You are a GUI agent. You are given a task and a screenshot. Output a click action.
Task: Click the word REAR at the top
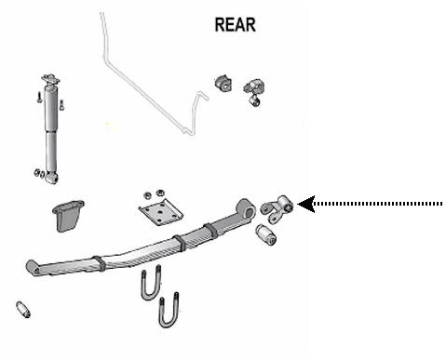[236, 25]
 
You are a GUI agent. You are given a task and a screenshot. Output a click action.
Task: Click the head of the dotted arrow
[306, 204]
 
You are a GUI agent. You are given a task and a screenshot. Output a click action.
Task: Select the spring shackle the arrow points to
[277, 208]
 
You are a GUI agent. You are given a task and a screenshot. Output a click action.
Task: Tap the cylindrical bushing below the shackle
[266, 234]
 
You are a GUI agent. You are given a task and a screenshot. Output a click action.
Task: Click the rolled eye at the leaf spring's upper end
[246, 208]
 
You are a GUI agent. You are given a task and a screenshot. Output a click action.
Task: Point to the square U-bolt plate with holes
[160, 212]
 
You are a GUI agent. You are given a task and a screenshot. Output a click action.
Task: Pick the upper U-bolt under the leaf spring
[151, 282]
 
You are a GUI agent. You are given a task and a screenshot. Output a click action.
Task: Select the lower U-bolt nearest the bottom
[169, 310]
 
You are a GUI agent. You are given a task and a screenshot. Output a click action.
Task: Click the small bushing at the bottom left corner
[23, 310]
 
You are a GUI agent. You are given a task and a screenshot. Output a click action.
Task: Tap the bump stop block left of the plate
[68, 216]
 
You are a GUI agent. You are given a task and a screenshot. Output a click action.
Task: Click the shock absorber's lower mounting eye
[51, 178]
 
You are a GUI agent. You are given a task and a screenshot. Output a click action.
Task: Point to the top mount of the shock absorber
[50, 79]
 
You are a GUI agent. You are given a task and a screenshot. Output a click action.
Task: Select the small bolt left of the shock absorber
[39, 97]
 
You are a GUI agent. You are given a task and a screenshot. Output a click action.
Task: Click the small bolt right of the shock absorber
[61, 104]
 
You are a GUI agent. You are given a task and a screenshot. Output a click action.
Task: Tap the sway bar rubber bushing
[223, 83]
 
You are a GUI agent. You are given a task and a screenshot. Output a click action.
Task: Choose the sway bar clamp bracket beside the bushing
[254, 92]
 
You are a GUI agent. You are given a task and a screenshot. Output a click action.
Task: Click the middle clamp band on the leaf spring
[180, 243]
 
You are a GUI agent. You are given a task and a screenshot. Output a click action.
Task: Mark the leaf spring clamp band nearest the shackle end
[210, 231]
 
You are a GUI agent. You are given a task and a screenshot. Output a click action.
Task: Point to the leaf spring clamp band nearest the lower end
[100, 263]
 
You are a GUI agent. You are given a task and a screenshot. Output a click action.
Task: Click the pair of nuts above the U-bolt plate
[154, 194]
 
